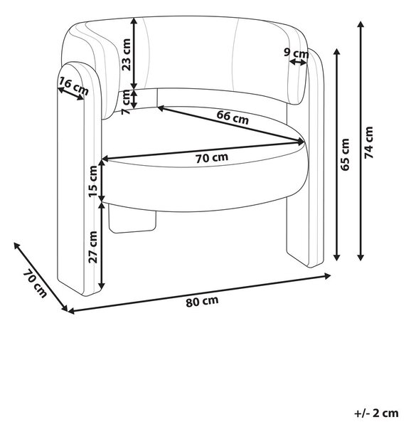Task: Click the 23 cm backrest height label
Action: tap(127, 55)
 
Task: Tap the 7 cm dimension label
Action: tap(126, 102)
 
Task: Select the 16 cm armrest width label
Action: tap(74, 85)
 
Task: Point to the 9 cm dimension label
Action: tap(297, 53)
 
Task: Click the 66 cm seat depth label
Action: tap(233, 117)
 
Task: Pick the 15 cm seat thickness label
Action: tap(92, 181)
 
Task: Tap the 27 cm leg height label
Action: tap(92, 247)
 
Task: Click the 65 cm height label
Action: tap(345, 154)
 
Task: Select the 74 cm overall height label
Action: tap(368, 142)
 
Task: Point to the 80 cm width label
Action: tap(202, 301)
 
